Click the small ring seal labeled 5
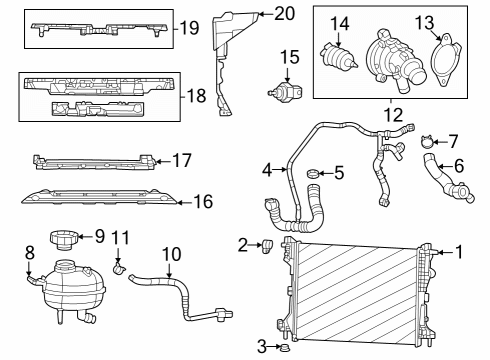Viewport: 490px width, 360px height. (313, 176)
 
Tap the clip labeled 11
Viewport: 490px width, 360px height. (119, 267)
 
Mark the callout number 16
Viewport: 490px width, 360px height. (204, 202)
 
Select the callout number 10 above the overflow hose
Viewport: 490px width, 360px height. (170, 254)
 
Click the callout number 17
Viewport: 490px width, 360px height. (181, 159)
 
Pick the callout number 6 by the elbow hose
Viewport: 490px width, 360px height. (459, 165)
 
